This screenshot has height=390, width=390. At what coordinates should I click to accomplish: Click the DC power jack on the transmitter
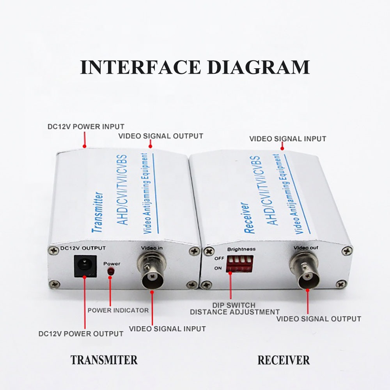click(x=85, y=266)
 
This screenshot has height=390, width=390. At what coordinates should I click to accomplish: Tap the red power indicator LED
click(x=110, y=271)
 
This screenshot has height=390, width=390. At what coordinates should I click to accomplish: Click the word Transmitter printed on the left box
click(x=98, y=212)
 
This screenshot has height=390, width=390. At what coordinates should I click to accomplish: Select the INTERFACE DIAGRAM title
click(x=195, y=67)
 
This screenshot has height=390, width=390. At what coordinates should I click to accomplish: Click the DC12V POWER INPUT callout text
click(x=86, y=127)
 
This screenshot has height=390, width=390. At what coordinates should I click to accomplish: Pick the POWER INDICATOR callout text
click(x=118, y=310)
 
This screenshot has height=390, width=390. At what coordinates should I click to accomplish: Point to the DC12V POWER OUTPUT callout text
click(x=81, y=334)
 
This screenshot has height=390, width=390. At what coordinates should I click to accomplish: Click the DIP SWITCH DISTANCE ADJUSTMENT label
click(x=234, y=308)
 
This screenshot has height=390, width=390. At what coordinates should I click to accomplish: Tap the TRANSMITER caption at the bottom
click(x=104, y=360)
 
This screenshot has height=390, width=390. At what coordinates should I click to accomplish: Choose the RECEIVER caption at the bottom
click(x=284, y=360)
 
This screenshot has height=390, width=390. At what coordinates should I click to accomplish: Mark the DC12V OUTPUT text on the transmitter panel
click(x=83, y=248)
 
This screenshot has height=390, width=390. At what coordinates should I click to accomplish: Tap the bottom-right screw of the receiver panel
click(x=341, y=284)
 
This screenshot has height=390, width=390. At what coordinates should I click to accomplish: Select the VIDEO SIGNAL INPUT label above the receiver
click(x=288, y=139)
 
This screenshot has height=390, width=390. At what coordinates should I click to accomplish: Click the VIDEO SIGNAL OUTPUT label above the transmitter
click(x=161, y=136)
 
